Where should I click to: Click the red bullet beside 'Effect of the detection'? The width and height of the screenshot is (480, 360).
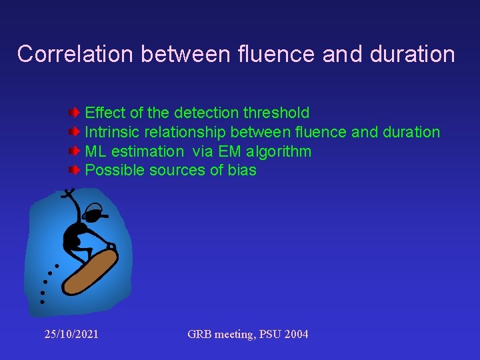coord(75,113)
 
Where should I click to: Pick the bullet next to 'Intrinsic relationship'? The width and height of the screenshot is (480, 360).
coord(75,132)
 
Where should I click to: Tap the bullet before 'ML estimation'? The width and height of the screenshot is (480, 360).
coord(75,151)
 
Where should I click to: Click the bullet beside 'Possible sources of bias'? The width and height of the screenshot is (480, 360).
coord(75,171)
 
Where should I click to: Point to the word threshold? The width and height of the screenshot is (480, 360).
coord(277,113)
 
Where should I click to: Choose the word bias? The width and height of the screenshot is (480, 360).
coord(241,171)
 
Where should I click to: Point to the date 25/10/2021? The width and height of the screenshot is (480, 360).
coord(71,334)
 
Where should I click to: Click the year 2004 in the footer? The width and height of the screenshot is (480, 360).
coord(295,334)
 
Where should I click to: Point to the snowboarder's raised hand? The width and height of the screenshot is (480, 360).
coord(67,194)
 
